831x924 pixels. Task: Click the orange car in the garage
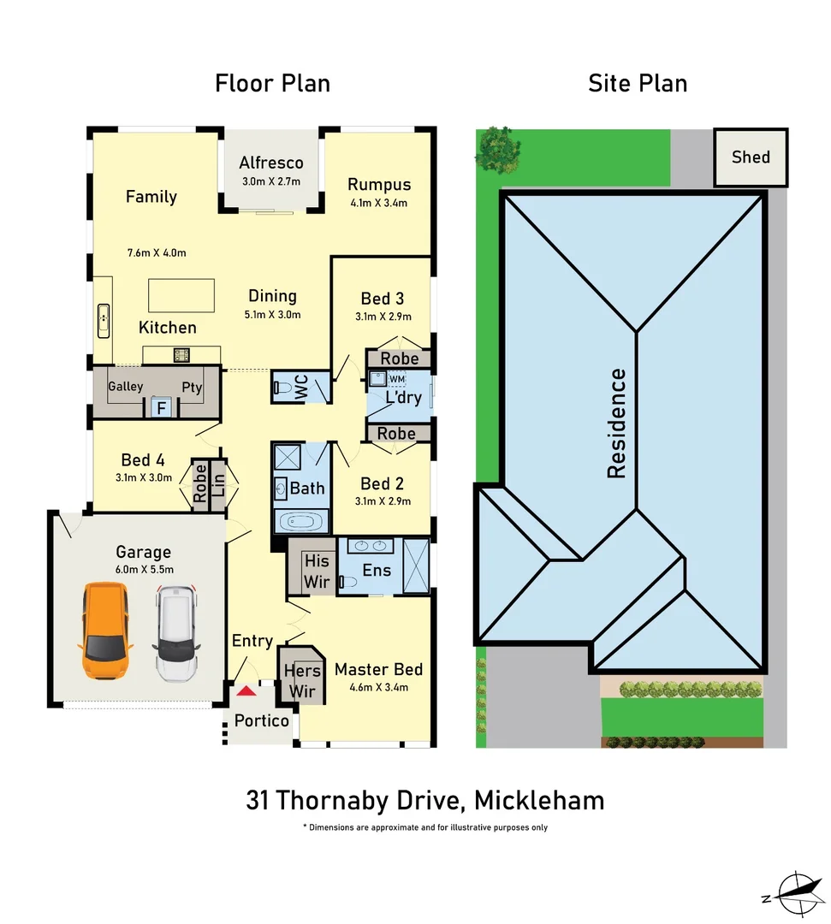point(104,630)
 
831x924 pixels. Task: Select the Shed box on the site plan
point(751,157)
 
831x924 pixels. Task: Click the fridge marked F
point(160,408)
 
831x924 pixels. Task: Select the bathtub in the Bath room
point(299,519)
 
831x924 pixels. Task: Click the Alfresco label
point(271,163)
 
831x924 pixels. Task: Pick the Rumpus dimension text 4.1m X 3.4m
point(378,204)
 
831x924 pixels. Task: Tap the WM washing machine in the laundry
point(397,379)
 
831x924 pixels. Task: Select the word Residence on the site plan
point(616,423)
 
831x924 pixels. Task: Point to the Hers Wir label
point(301,681)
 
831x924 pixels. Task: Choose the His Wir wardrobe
point(317,570)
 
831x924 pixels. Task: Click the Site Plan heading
point(638,84)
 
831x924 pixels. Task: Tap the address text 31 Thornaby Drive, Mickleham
point(424,801)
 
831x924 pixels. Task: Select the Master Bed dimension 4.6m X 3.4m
point(378,687)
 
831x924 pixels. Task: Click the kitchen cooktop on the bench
point(181,354)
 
